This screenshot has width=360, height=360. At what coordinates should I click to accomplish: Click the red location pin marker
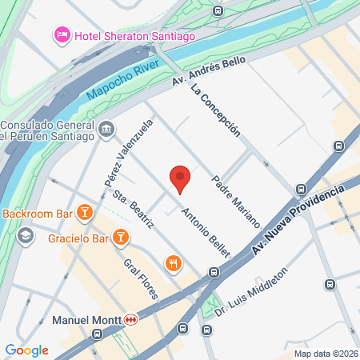click(x=181, y=178)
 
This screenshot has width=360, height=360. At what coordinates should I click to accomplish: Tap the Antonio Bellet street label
click(x=206, y=232)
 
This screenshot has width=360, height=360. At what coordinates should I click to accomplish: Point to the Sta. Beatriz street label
click(x=133, y=210)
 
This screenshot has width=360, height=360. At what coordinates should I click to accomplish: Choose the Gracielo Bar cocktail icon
click(x=121, y=237)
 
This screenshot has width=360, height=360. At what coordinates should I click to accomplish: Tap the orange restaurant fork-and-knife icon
click(x=173, y=262)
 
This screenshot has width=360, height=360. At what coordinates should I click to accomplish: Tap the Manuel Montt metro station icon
click(x=130, y=320)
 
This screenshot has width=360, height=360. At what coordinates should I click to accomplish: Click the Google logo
click(x=26, y=350)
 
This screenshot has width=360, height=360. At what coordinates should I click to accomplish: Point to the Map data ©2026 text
click(x=326, y=354)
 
